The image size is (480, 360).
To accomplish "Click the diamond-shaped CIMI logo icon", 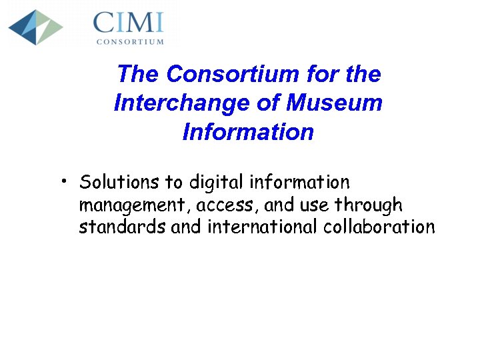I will pyautogui.click(x=35, y=27).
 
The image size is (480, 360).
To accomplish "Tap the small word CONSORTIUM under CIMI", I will pyautogui.click(x=130, y=41).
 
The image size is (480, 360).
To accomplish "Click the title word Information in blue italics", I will pyautogui.click(x=247, y=132).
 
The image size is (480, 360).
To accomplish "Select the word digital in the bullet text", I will pyautogui.click(x=217, y=182).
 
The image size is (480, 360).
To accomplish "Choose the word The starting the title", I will pyautogui.click(x=139, y=74).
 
